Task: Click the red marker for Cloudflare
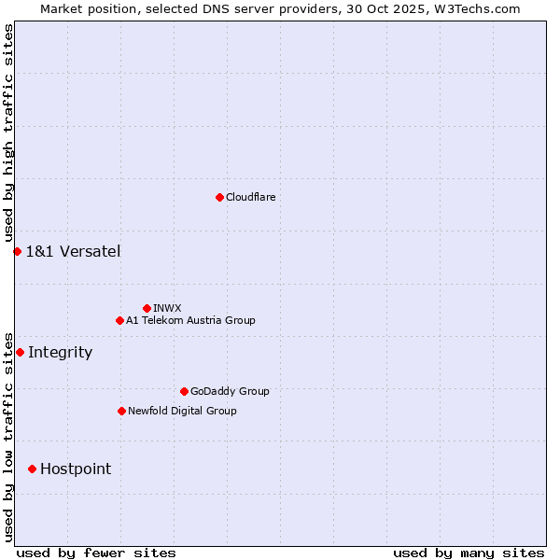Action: click(x=219, y=197)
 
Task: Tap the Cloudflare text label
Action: click(x=250, y=197)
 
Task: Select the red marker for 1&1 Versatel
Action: click(x=17, y=251)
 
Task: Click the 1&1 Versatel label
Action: click(x=73, y=251)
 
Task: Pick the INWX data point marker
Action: click(x=147, y=308)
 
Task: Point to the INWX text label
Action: click(x=167, y=308)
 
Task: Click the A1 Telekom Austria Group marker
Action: click(x=119, y=320)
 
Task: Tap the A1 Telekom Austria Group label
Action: click(x=190, y=320)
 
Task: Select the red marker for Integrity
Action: click(x=20, y=352)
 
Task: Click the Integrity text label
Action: click(x=60, y=352)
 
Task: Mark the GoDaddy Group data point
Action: click(x=184, y=391)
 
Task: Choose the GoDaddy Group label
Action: click(x=230, y=391)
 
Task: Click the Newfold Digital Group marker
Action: click(x=121, y=411)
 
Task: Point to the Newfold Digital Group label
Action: click(x=182, y=411)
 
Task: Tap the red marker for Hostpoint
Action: click(x=32, y=469)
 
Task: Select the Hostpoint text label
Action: click(x=75, y=469)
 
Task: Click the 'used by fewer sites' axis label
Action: click(x=96, y=553)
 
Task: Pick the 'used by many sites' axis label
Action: click(x=469, y=553)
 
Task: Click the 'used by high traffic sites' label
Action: click(x=8, y=133)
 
